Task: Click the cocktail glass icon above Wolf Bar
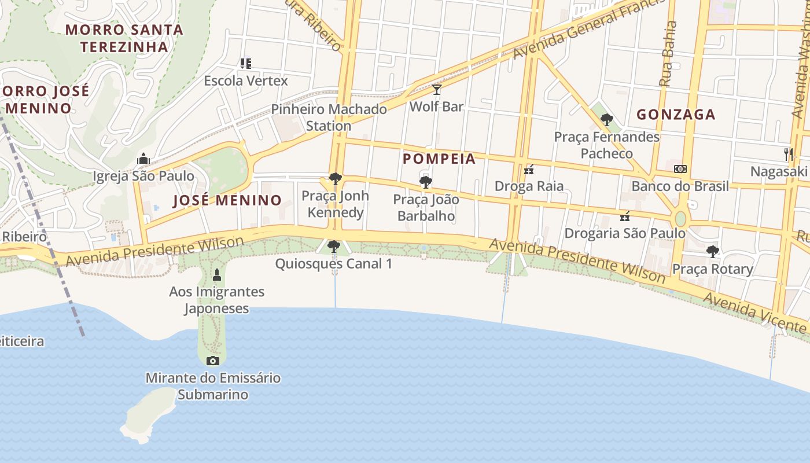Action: pos(437,90)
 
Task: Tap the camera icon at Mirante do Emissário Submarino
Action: pos(213,361)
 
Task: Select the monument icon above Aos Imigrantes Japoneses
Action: pos(217,274)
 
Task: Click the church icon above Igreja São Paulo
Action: pos(143,159)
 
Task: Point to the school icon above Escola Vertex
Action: pos(246,63)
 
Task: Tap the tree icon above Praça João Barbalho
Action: pos(426,182)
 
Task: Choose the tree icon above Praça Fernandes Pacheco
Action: pos(607,120)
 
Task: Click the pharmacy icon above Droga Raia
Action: pos(529,170)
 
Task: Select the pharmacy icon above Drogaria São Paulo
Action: pos(625,216)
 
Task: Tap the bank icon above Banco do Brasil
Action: pos(680,169)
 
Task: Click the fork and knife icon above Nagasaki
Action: pos(788,154)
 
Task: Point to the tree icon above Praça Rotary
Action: pos(713,252)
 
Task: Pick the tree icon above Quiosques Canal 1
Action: pos(334,247)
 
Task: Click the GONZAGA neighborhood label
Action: pos(676,115)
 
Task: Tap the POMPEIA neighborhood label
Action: pos(439,159)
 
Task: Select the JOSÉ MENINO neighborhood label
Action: pos(227,200)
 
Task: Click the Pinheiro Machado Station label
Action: pos(329,117)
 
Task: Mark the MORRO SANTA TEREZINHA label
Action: pos(124,38)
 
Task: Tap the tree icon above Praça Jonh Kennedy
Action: pos(336,179)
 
